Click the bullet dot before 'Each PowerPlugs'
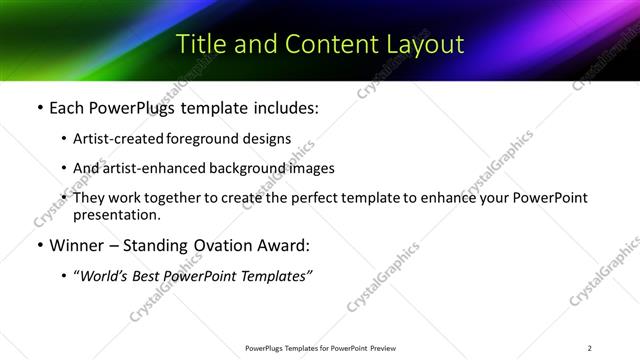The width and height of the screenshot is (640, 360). point(39,106)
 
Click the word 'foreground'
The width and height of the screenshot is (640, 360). point(208,138)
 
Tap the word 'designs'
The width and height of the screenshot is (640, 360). point(268,138)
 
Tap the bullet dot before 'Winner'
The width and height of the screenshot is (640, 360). point(39,246)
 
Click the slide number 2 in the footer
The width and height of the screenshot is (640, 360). point(589,348)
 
